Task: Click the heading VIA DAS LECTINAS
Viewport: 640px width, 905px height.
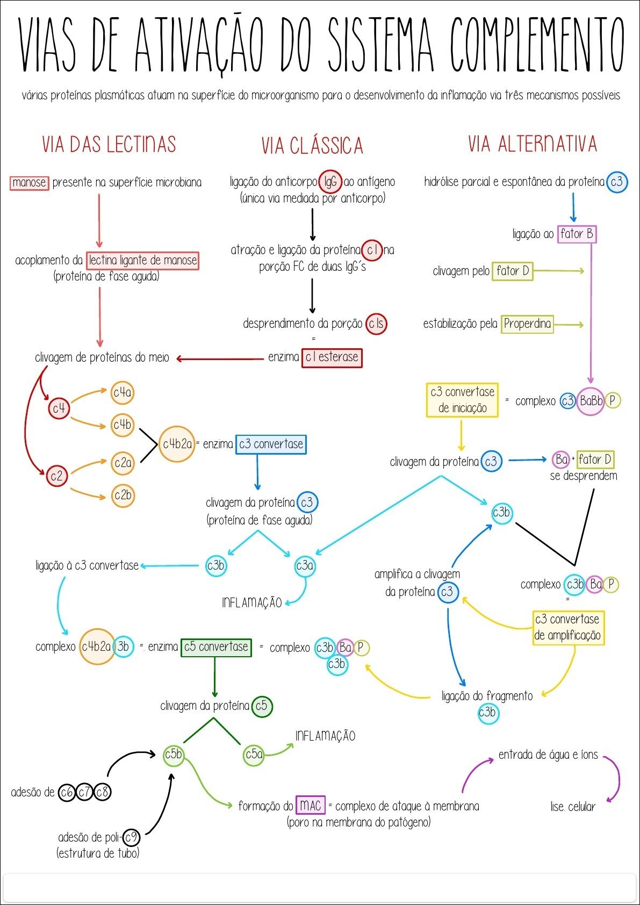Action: point(109,144)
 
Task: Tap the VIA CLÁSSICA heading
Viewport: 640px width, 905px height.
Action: point(312,146)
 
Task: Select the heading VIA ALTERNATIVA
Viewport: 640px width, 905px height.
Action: point(533,143)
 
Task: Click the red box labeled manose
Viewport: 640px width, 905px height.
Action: point(29,183)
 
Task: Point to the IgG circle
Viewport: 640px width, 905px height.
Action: point(330,182)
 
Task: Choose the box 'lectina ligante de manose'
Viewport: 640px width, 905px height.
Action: point(142,260)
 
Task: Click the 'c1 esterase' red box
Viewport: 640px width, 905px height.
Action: point(332,357)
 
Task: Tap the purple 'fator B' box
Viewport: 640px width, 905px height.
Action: point(577,234)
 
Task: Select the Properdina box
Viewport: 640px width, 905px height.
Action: point(527,324)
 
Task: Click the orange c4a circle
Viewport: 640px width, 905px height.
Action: point(123,393)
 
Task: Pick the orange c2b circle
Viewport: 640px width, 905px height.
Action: point(123,495)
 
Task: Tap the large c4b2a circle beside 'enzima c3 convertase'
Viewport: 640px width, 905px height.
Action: point(177,444)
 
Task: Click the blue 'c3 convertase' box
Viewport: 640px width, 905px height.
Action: point(271,444)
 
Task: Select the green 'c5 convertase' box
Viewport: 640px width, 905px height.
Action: point(216,647)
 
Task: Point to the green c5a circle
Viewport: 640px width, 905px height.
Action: point(254,755)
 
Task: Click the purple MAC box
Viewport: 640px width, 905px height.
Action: point(310,805)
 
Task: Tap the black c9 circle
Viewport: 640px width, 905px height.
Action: point(131,837)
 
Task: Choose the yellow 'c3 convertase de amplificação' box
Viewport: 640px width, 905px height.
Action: point(568,627)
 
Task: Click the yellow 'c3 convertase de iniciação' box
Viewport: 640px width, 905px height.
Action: point(462,400)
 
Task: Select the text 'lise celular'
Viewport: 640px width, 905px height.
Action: point(573,807)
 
